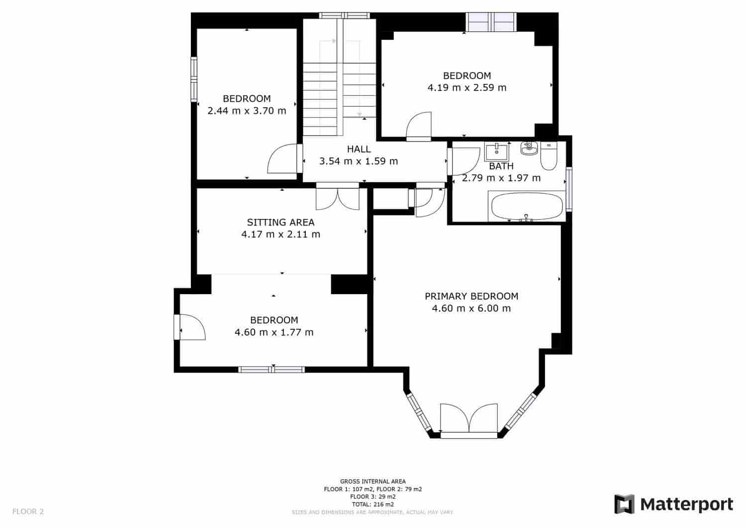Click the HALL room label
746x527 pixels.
point(359,149)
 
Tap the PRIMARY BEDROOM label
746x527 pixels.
point(471,297)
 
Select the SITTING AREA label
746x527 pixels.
point(281,222)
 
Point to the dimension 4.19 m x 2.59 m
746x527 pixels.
point(467,88)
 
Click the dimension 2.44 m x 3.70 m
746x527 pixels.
point(247,111)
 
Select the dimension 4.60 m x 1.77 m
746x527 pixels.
point(274,332)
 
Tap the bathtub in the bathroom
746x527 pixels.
point(527,206)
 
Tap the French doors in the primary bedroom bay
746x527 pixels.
point(468,420)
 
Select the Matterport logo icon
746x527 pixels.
point(625,504)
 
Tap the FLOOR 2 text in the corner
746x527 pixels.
point(28,511)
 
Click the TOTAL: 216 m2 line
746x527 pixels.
point(373,504)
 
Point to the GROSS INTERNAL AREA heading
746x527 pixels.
point(373,481)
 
